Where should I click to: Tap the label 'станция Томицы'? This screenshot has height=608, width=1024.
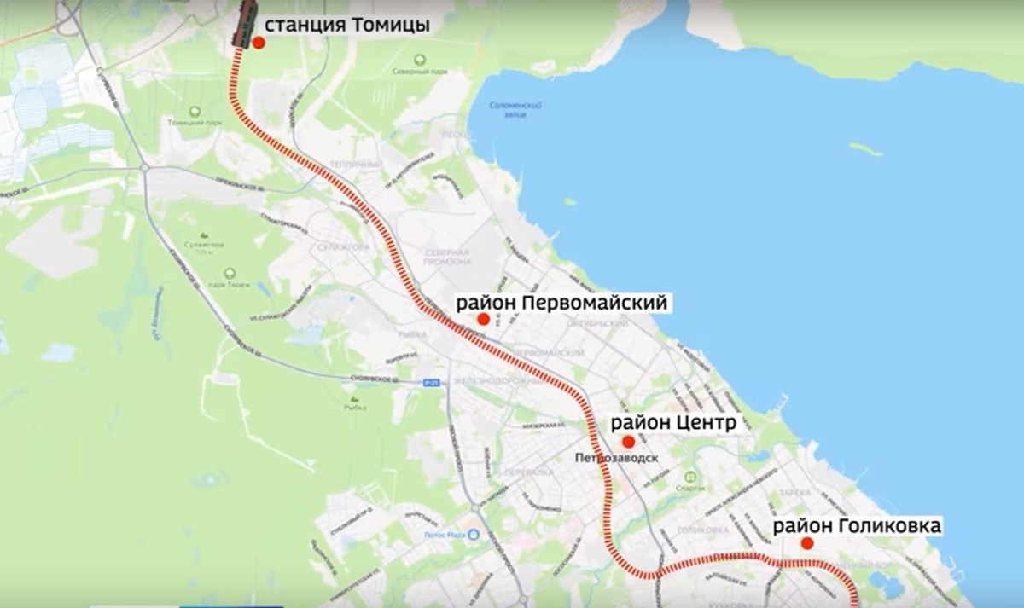tap(346, 25)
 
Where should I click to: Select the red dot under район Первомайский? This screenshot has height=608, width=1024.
tap(484, 319)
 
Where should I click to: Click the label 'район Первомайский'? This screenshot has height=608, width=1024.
tap(561, 303)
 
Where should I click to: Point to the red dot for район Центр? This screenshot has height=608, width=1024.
tap(628, 442)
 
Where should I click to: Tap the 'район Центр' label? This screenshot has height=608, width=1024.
tap(672, 423)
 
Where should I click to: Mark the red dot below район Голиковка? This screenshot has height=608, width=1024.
tap(806, 543)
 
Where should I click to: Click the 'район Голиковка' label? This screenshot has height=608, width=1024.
tap(857, 525)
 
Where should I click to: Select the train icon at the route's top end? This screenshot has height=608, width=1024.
tap(246, 20)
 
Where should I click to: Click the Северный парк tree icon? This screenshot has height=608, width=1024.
tap(420, 60)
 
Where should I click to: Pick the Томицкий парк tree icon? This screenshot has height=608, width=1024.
tap(195, 112)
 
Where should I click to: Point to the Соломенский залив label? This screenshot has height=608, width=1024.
tap(516, 109)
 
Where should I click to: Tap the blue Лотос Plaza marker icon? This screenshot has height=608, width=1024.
tap(474, 535)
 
